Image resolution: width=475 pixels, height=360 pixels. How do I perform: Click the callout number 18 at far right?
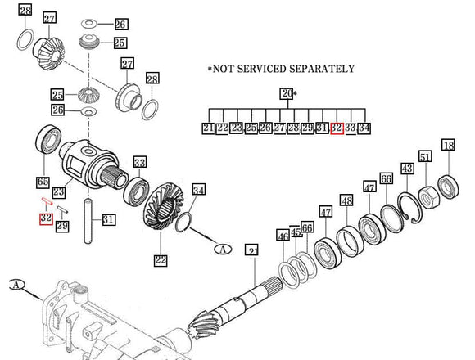click(x=448, y=146)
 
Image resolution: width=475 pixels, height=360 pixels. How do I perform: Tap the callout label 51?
click(x=425, y=157)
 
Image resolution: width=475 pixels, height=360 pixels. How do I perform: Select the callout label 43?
click(x=406, y=167)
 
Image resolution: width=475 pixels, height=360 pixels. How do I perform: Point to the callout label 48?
click(x=347, y=201)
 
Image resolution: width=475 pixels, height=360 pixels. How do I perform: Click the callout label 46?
click(x=283, y=236)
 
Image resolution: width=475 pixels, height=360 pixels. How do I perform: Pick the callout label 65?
click(x=43, y=181)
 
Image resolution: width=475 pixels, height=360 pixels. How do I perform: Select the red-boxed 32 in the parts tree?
click(x=336, y=128)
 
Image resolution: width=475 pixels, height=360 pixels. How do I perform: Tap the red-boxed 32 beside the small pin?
click(x=46, y=218)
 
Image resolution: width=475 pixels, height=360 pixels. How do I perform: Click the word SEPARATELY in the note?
click(x=319, y=69)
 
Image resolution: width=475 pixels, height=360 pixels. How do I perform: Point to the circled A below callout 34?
click(x=221, y=248)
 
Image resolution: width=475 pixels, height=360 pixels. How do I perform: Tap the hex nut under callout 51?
click(x=427, y=196)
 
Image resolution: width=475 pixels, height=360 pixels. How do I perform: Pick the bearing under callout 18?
click(x=450, y=184)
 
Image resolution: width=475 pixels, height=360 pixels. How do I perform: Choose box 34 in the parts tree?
click(x=364, y=128)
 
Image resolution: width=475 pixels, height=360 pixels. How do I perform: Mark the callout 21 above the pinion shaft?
click(x=252, y=251)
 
